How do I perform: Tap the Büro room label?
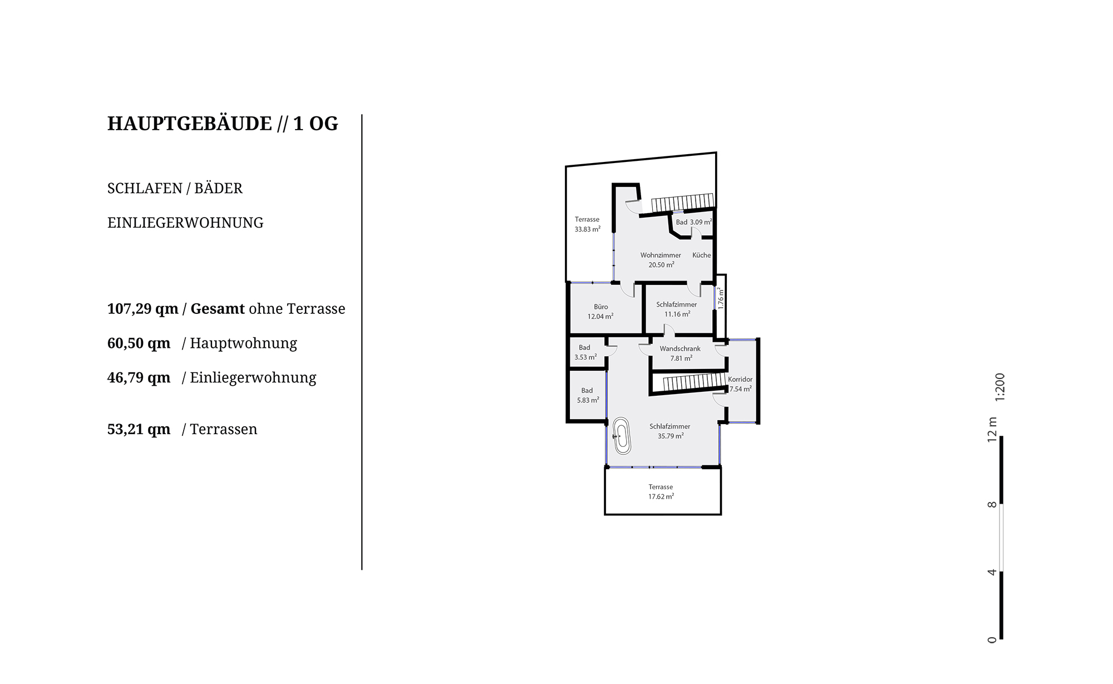[600, 307]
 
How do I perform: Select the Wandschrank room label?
[680, 348]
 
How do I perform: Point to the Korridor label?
[740, 379]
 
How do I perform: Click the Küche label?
[702, 255]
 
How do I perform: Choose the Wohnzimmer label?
[661, 255]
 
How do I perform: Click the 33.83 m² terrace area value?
[588, 229]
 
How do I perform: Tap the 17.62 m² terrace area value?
[661, 496]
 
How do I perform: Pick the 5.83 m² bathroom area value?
[588, 400]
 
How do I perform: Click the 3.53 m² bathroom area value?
[585, 357]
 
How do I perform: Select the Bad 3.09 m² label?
[694, 222]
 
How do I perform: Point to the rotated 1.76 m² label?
[721, 298]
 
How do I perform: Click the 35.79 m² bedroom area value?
[671, 436]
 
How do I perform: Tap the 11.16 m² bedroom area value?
[677, 314]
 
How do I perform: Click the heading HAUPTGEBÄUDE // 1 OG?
[223, 124]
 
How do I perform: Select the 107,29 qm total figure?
[143, 309]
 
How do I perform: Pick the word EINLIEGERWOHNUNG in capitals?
[185, 223]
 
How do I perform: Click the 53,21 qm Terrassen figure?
[139, 430]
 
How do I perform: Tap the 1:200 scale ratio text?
[1000, 387]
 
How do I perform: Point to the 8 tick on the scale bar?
[992, 505]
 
